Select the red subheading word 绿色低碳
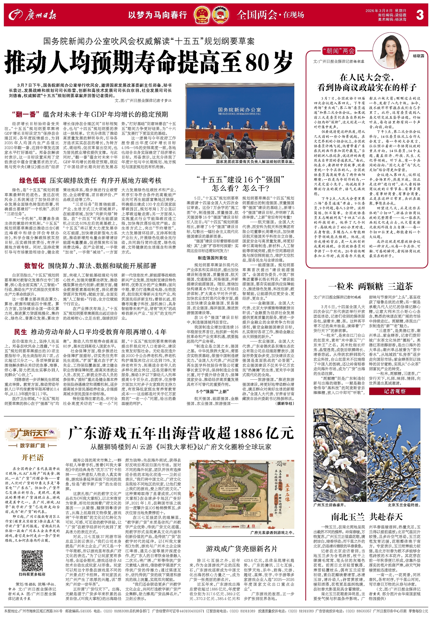tap(33, 180)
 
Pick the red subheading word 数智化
tap(34, 266)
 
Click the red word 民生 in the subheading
tap(21, 332)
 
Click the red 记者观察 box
tap(394, 391)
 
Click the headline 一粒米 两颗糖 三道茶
tap(370, 286)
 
